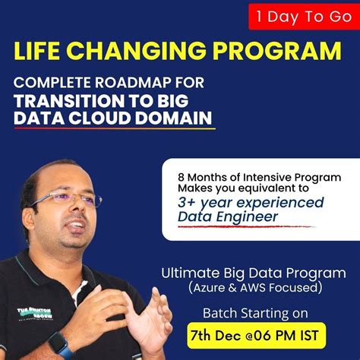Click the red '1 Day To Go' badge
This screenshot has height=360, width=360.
[x=303, y=15]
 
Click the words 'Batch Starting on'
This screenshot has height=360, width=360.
[x=251, y=312]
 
